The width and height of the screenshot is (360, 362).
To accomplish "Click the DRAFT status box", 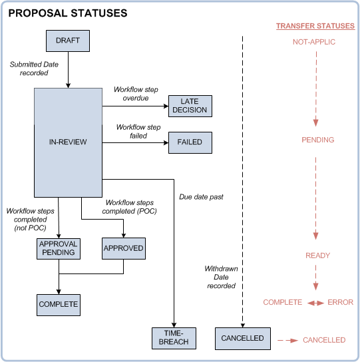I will pyautogui.click(x=67, y=41).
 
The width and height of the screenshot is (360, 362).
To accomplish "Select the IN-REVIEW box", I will pyautogui.click(x=67, y=142).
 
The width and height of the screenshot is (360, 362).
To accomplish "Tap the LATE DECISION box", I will pyautogui.click(x=190, y=106).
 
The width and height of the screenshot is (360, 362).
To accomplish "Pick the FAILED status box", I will pyautogui.click(x=190, y=142).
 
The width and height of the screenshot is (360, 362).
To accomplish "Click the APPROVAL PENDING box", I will pyautogui.click(x=59, y=248).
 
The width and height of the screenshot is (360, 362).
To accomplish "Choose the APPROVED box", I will pyautogui.click(x=124, y=248).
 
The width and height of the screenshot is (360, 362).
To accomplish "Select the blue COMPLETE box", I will pyautogui.click(x=59, y=304).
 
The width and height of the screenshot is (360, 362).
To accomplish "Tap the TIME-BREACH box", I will pyautogui.click(x=173, y=337).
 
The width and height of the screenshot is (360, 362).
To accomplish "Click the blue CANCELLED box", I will pyautogui.click(x=244, y=338).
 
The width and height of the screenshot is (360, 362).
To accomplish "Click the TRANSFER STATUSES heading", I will pyautogui.click(x=315, y=27).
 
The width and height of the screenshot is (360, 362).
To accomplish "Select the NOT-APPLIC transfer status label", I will pyautogui.click(x=314, y=42).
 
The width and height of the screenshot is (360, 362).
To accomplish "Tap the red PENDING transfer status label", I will pyautogui.click(x=317, y=140).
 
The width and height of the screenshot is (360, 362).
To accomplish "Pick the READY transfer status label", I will pyautogui.click(x=317, y=256).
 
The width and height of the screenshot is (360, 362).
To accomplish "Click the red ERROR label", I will pyautogui.click(x=340, y=302).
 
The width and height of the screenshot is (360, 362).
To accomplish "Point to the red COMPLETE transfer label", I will pyautogui.click(x=283, y=302).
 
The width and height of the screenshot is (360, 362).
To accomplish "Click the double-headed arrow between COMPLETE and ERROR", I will pyautogui.click(x=315, y=303).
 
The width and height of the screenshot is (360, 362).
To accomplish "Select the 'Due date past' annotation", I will pyautogui.click(x=201, y=197).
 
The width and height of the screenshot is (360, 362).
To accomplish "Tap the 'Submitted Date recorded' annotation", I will pyautogui.click(x=29, y=69).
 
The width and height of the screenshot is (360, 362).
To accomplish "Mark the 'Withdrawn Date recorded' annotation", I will pyautogui.click(x=220, y=277).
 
